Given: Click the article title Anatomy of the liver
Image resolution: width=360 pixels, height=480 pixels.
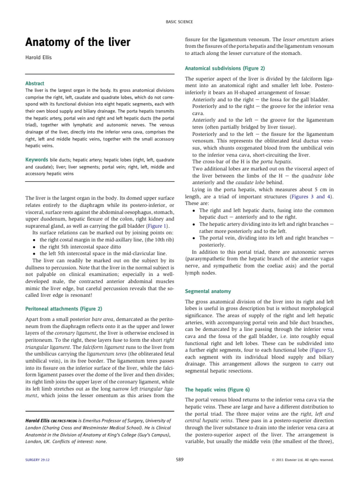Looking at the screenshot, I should tap(77, 43).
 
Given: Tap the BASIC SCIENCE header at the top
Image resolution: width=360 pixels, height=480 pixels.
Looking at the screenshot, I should tap(180, 22).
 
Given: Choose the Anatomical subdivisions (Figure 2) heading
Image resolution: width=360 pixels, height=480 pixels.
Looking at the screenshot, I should tap(225, 67).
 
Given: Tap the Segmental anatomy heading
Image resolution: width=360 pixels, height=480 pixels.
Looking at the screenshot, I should tap(208, 291).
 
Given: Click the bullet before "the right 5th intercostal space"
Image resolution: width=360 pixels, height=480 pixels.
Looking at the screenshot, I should tap(35, 246).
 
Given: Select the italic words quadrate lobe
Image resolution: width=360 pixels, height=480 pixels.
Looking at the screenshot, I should tap(318, 176).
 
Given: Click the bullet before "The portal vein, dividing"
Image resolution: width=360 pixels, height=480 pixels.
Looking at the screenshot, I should tap(194, 238).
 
